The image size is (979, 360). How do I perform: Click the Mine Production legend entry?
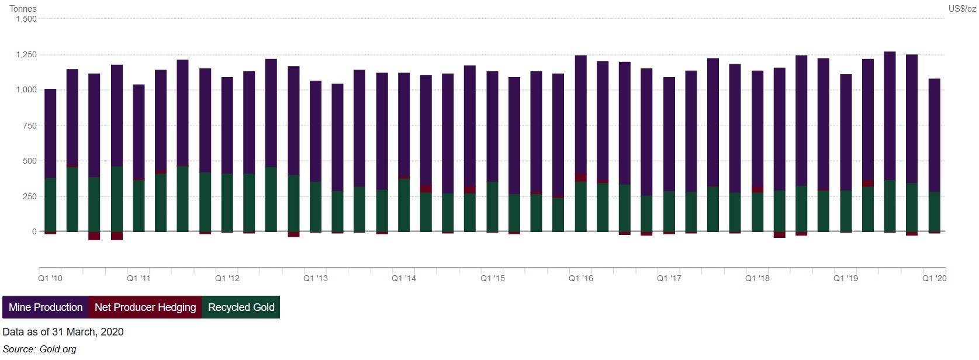point(46,307)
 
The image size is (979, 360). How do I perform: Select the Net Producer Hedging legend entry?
point(145,307)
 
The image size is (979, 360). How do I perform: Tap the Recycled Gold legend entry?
point(241,307)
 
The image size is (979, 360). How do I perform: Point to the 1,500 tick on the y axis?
point(26,19)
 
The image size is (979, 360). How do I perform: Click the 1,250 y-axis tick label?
point(26,55)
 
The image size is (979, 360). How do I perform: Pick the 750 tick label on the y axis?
point(29,126)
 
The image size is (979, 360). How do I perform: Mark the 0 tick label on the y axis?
point(34,232)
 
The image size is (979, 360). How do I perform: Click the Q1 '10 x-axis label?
point(50,278)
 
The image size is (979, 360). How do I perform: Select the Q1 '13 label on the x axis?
point(316,278)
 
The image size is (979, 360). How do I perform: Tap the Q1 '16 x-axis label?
point(581,278)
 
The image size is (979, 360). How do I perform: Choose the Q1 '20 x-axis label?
point(934,278)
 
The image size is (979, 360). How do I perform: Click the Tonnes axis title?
point(23,9)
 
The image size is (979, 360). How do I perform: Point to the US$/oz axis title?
point(962,9)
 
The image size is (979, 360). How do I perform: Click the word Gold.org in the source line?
point(58,349)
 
